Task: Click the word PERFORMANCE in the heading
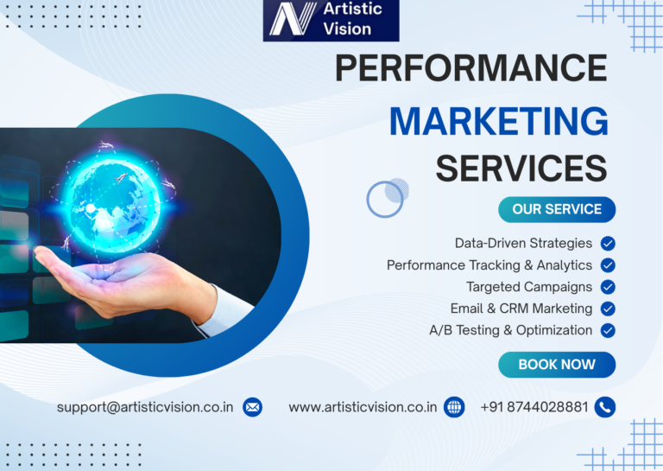(x=470, y=68)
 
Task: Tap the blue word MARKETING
(x=498, y=120)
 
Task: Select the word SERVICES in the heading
(x=521, y=167)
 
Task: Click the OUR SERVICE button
(x=557, y=209)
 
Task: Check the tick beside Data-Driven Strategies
(x=608, y=244)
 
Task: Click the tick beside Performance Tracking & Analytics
(x=608, y=265)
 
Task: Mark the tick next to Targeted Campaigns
(x=608, y=287)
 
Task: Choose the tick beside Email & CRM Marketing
(x=608, y=309)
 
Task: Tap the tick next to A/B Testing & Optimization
(x=608, y=330)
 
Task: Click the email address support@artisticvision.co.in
(x=146, y=406)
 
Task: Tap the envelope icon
(x=252, y=406)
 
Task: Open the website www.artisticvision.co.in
(x=363, y=406)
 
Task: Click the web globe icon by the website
(x=454, y=406)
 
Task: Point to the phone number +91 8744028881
(x=534, y=406)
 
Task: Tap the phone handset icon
(x=605, y=406)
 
